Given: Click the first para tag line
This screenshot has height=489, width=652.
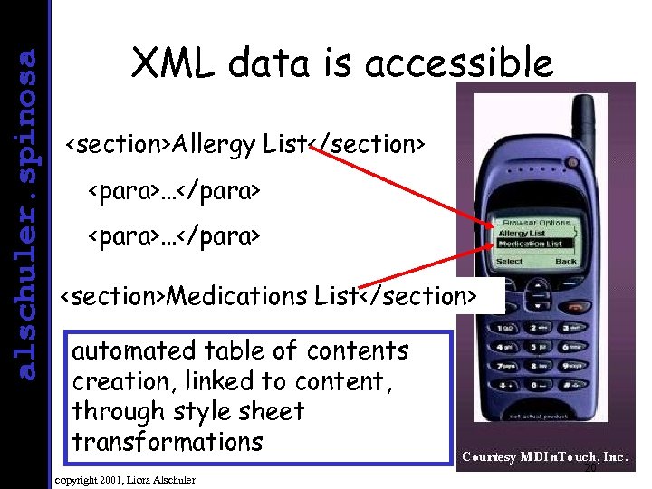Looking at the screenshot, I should (x=173, y=191).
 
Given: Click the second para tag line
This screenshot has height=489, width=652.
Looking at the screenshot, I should (x=173, y=236).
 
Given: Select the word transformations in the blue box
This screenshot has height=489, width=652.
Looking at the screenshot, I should (x=167, y=443).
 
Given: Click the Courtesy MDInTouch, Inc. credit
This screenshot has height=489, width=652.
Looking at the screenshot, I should (x=546, y=458).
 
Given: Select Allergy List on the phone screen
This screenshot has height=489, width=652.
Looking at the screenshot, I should (x=522, y=234).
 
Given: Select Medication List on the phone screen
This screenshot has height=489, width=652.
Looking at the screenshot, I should (x=531, y=244).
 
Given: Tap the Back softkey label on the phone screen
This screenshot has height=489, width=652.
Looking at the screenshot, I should (x=565, y=262).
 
